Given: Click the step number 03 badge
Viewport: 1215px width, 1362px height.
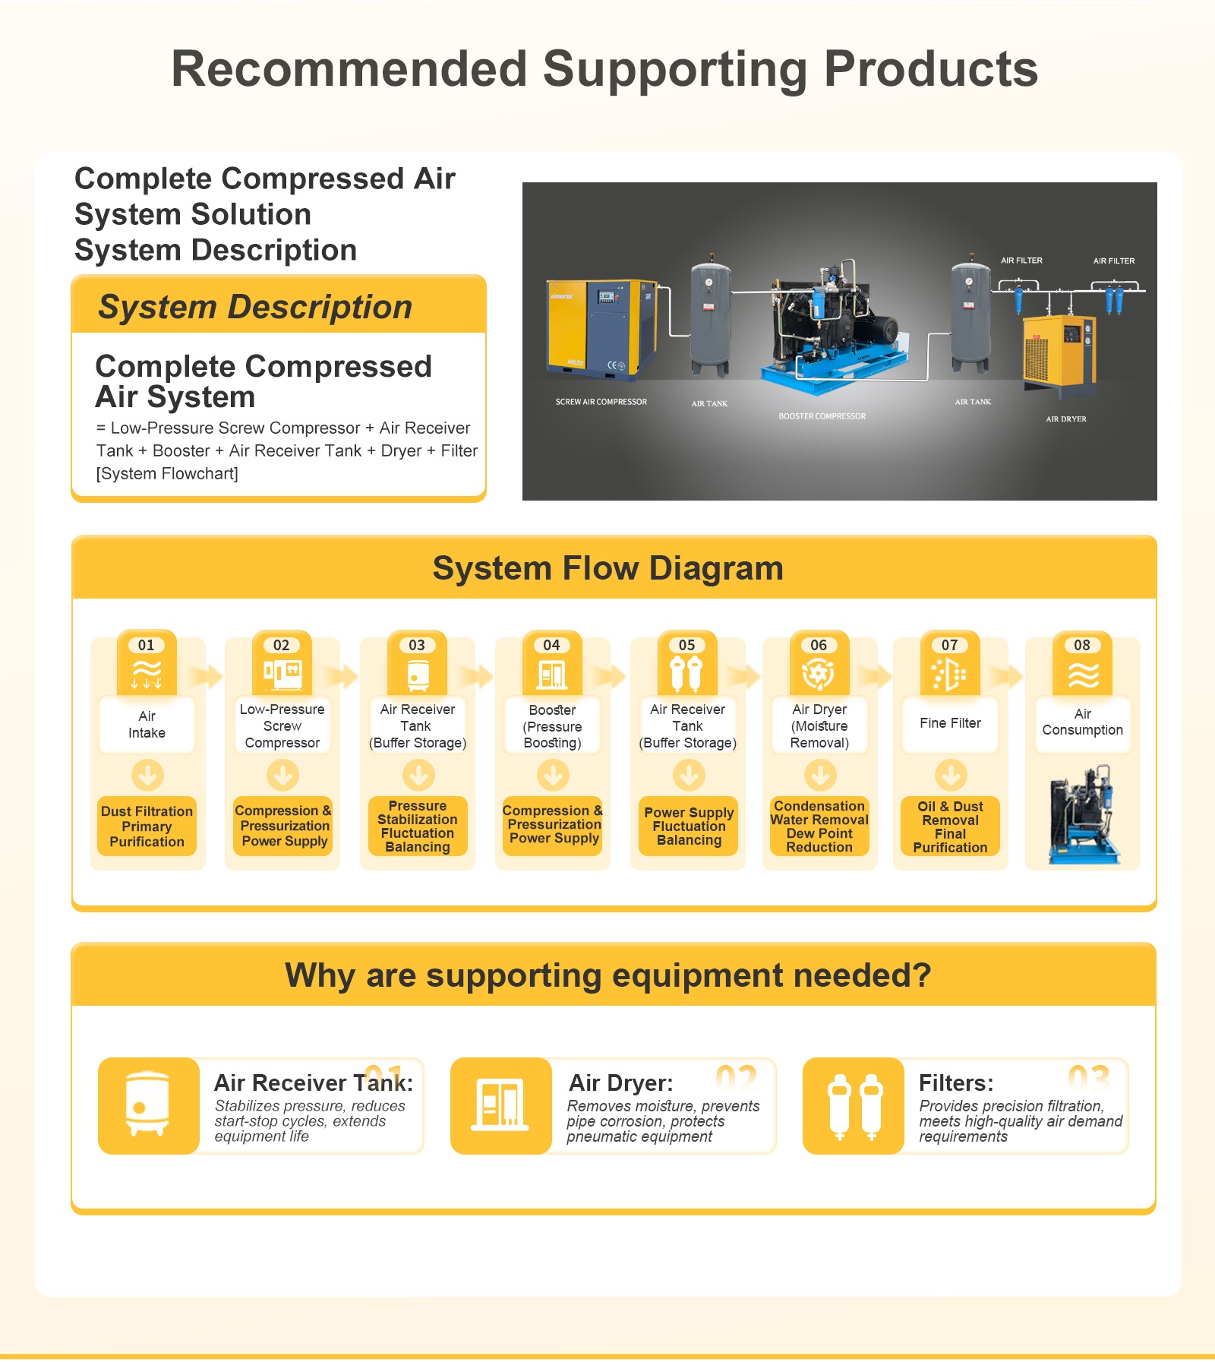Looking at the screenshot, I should pyautogui.click(x=417, y=645).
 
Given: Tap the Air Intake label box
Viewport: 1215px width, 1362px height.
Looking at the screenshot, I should pyautogui.click(x=147, y=725).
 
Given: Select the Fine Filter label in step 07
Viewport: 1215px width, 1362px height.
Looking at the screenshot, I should pyautogui.click(x=950, y=723).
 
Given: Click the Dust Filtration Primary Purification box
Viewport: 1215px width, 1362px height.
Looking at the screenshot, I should pyautogui.click(x=147, y=826).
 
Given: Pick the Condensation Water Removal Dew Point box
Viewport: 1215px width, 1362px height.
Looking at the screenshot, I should pyautogui.click(x=819, y=826).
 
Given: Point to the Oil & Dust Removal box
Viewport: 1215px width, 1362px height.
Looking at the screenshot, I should pyautogui.click(x=950, y=826).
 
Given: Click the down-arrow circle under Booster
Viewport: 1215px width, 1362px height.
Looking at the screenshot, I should pyautogui.click(x=553, y=776).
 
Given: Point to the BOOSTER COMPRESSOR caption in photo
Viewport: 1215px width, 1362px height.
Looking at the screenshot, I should pyautogui.click(x=822, y=416).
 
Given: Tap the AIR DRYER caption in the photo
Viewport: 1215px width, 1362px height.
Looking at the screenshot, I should pyautogui.click(x=1066, y=419).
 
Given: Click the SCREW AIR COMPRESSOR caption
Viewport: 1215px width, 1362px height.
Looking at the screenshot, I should pyautogui.click(x=601, y=402).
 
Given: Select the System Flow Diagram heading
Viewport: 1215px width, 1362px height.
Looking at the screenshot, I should pyautogui.click(x=607, y=568).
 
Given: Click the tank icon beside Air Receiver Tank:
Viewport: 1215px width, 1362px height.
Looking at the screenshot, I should pyautogui.click(x=148, y=1105).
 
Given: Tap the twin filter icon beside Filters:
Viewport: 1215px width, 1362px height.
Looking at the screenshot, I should pyautogui.click(x=854, y=1105).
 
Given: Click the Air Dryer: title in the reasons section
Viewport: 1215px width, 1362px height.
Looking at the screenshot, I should pyautogui.click(x=621, y=1082).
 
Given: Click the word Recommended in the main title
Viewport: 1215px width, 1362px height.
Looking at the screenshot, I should pyautogui.click(x=349, y=69).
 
